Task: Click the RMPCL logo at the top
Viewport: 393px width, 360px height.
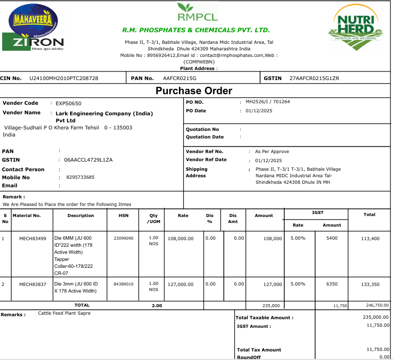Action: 198,13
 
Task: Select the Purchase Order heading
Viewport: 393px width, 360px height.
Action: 194,91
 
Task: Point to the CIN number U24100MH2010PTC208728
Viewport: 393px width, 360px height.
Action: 64,78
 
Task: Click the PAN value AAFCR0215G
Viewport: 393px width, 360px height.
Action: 180,78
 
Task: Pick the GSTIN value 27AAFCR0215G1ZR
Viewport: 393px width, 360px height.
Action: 314,78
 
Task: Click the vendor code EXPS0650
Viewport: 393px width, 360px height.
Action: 69,103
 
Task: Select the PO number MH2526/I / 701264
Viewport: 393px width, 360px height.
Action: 267,102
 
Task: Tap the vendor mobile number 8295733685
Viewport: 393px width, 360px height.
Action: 77,177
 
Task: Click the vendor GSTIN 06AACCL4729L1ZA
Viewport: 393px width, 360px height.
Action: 88,160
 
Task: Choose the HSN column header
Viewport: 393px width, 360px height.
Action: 123,215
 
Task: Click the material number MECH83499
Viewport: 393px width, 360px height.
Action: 33,238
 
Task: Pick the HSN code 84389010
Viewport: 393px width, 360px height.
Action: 123,284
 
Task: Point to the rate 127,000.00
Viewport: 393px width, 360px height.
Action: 180,284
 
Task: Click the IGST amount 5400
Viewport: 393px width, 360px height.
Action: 332,238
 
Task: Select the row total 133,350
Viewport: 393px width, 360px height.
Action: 370,284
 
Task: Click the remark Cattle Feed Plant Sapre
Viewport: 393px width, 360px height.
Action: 64,313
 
